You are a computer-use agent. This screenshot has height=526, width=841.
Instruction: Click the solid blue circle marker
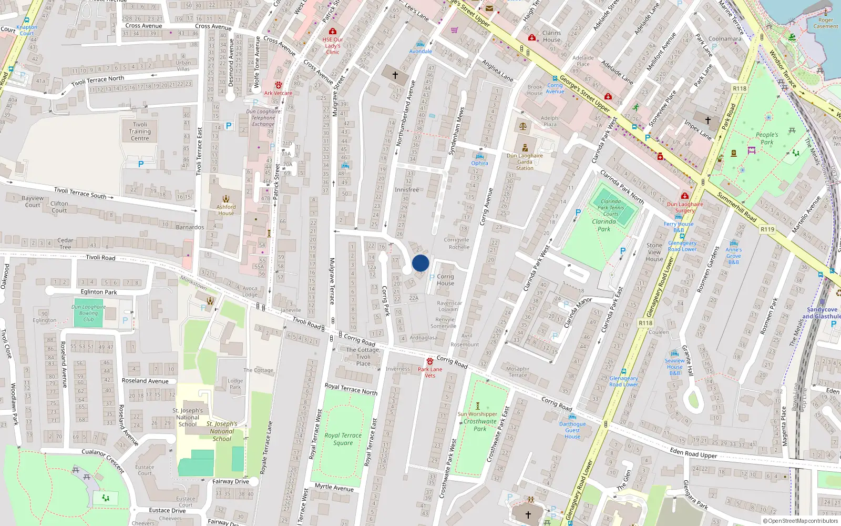420,263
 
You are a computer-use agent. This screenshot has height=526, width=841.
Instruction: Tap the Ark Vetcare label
278,93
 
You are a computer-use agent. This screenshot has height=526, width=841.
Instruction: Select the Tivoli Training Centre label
140,131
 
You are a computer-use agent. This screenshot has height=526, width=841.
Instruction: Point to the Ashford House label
226,210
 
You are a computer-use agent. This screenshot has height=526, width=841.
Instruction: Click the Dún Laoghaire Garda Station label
525,161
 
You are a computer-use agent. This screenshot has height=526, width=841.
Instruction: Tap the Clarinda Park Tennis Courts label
611,207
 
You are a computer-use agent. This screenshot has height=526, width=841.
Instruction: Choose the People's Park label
767,138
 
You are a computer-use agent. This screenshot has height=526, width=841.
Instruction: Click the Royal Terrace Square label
343,439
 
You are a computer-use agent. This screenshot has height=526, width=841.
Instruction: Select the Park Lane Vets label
430,372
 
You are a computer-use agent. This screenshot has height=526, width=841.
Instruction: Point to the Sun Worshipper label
477,414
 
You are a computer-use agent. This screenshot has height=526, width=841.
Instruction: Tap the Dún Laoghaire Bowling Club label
88,313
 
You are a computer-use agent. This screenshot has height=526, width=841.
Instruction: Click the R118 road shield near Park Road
740,88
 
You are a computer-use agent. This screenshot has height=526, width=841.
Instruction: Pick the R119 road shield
767,229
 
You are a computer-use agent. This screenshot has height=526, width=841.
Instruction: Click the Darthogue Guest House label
572,430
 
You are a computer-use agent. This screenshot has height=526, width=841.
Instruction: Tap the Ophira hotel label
479,163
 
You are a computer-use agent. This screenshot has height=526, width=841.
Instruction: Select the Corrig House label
445,280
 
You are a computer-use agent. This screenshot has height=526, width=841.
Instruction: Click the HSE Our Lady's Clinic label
333,45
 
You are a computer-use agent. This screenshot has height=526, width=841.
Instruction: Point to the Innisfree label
407,190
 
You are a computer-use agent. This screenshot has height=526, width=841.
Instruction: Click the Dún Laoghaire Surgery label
685,207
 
